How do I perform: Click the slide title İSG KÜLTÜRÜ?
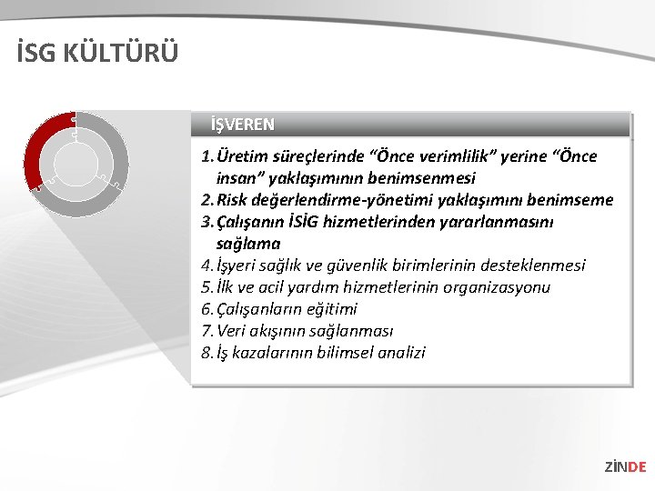pos(97,53)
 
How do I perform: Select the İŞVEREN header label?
pos(242,124)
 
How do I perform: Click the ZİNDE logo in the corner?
pos(625,466)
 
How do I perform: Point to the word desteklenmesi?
pos(531,266)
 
